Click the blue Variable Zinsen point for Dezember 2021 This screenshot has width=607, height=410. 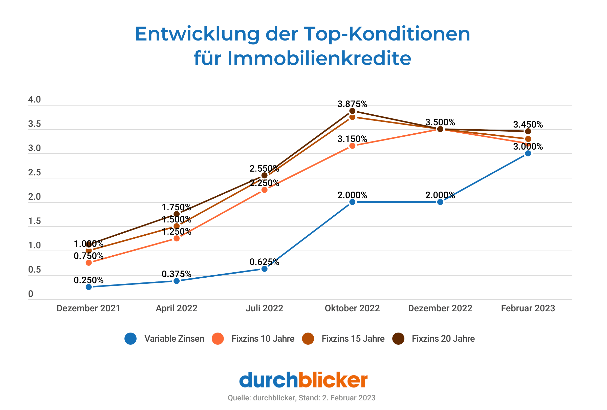89,287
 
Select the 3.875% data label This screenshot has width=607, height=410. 352,104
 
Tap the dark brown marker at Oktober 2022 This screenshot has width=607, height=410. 352,111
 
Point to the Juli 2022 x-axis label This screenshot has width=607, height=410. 264,308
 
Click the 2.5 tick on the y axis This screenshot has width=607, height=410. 34,173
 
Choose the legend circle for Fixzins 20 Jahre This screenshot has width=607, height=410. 399,339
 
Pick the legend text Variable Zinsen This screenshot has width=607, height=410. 174,339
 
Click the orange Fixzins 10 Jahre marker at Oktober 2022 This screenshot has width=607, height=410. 352,146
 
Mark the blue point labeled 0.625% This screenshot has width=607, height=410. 264,269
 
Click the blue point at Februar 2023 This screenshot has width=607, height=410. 528,153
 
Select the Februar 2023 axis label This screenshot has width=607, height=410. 528,308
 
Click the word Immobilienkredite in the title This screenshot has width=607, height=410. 319,58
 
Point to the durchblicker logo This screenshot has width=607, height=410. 303,380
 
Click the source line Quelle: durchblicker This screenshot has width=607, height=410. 301,398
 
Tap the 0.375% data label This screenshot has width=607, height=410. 177,274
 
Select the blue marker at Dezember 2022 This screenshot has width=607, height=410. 440,202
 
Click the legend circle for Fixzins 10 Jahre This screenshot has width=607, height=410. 218,339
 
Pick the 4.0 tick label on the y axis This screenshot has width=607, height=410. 34,100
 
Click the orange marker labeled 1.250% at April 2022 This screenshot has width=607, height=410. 177,238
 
